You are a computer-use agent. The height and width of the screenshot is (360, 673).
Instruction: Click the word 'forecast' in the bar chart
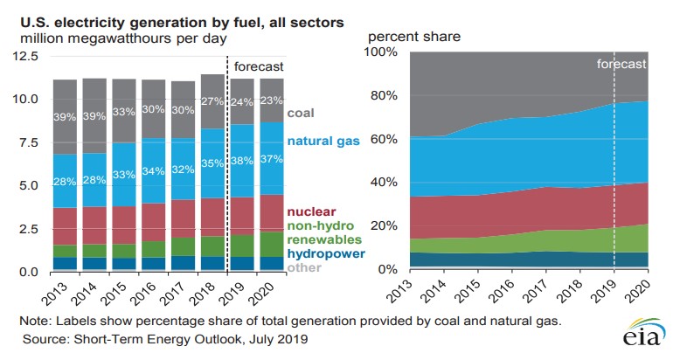[259, 66]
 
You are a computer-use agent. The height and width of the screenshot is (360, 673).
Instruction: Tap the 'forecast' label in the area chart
[621, 64]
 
